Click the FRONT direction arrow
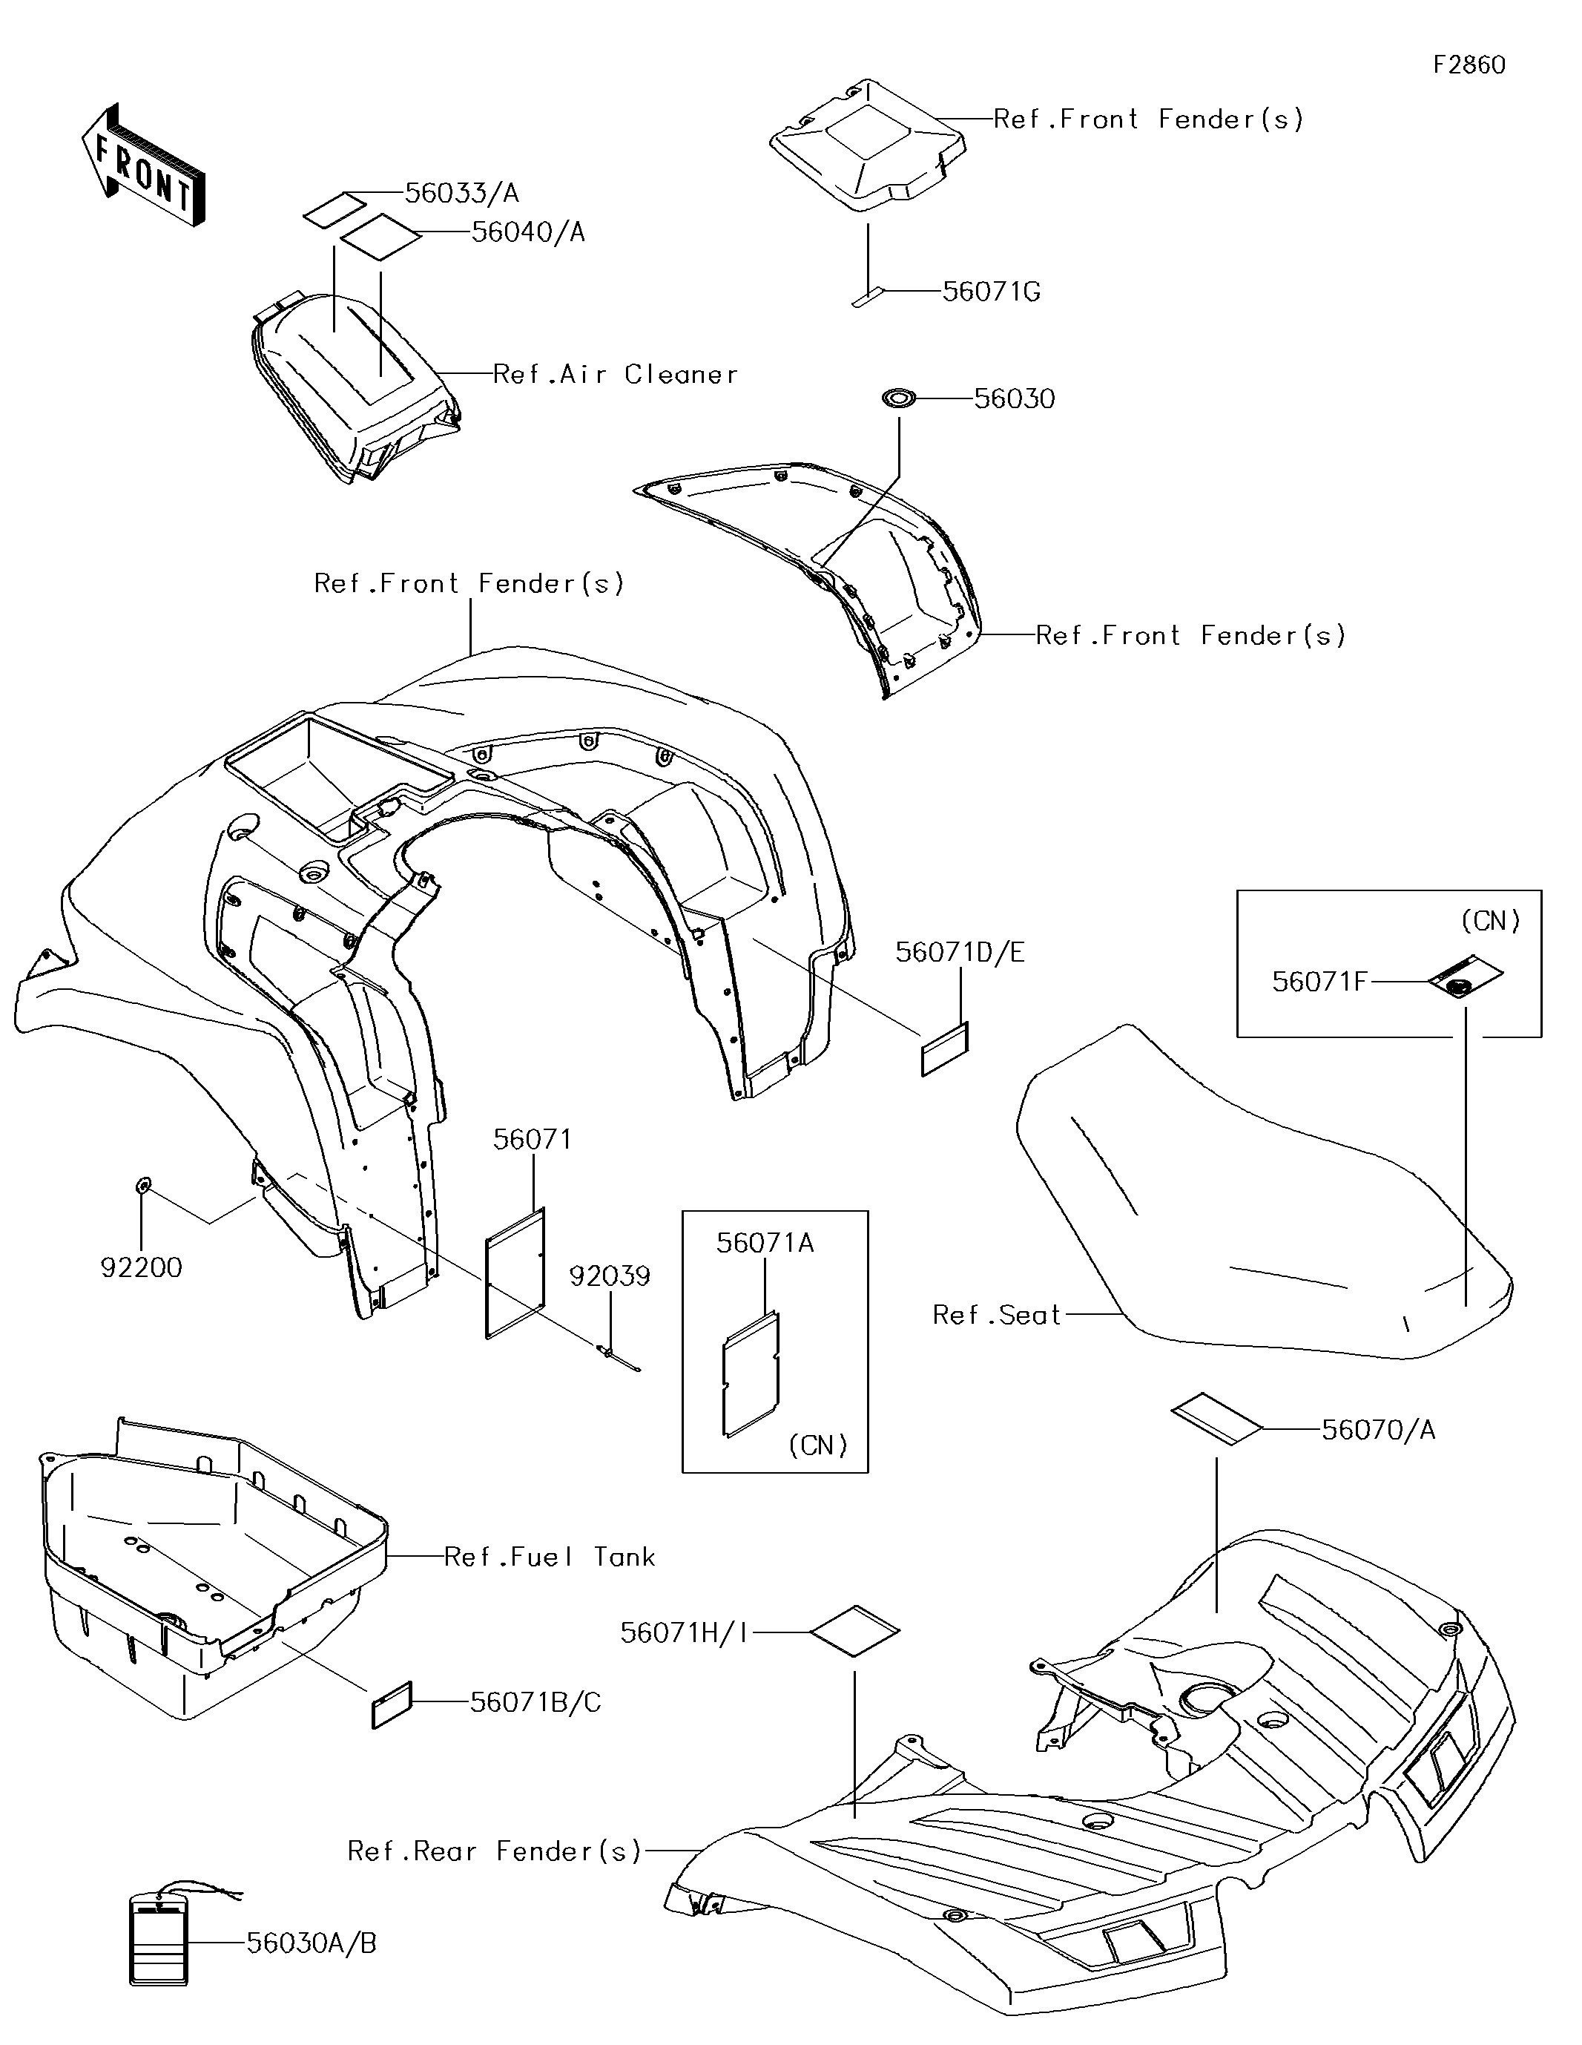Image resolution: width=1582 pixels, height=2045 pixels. pos(143,165)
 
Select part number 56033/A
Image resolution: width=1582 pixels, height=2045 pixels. pos(461,193)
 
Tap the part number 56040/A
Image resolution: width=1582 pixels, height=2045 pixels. pos(528,232)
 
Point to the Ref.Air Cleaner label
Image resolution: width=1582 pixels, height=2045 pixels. pos(615,375)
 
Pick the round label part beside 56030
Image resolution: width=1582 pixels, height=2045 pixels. pos(899,400)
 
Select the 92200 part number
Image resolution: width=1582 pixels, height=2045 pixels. pos(142,1268)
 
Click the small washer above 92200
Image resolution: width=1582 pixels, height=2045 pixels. pos(142,1187)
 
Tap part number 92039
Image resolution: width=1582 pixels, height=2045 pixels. pos(610,1276)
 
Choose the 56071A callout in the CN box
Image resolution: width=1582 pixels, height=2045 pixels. pos(765,1243)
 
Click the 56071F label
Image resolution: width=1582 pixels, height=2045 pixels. pos(1320,981)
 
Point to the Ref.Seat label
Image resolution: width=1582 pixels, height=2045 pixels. pos(997,1315)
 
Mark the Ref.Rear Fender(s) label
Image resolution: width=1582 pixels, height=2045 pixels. pos(494,1851)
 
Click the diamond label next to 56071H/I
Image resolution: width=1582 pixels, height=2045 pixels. pos(854,1632)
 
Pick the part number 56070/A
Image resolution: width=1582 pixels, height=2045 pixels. pos(1378,1430)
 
